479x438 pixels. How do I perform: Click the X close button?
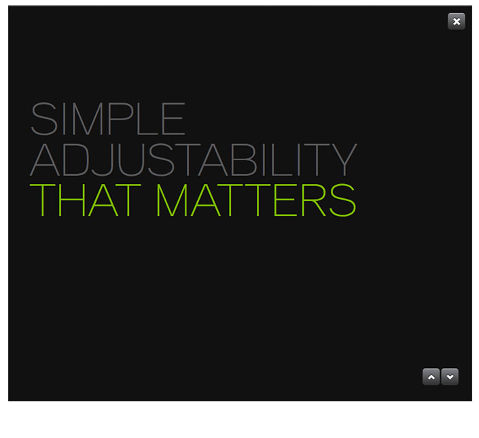coord(457,21)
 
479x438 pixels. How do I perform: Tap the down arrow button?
coord(450,377)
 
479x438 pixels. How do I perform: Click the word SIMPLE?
coord(108,119)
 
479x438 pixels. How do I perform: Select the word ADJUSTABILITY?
coord(194,160)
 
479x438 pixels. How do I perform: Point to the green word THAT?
coord(85,200)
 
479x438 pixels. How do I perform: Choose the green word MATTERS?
coord(256,200)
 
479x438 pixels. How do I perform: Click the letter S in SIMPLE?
coord(44,119)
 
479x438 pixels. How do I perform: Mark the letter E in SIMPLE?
coord(173,119)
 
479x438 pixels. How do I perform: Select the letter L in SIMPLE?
coord(148,119)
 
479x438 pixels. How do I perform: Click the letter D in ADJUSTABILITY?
coord(76,160)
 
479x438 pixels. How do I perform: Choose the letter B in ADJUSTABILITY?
coord(243,160)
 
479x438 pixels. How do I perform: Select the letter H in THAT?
coord(71,200)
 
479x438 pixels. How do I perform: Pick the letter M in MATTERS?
coord(172,200)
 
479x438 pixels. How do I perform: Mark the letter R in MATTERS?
coord(313,200)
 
